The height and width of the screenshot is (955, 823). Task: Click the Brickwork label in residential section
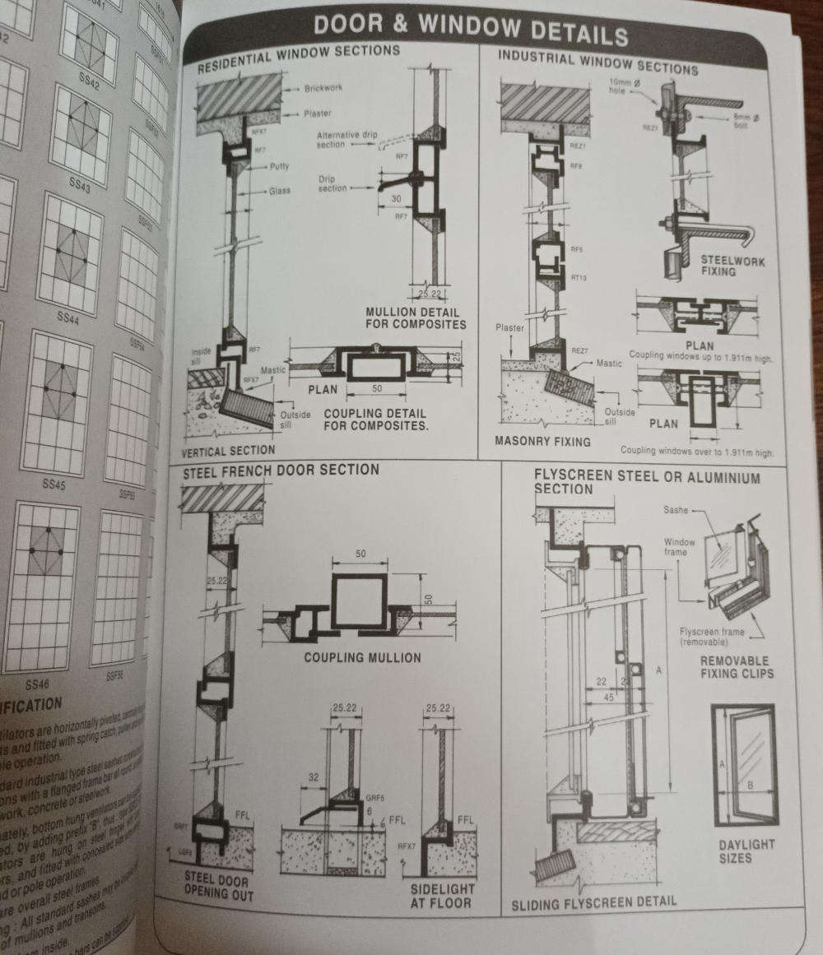[323, 88]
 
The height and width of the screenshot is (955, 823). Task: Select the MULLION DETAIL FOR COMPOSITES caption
[416, 318]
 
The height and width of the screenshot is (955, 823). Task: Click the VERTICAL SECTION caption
[228, 450]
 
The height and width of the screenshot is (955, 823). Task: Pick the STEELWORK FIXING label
[732, 266]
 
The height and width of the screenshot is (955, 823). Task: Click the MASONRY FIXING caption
[542, 441]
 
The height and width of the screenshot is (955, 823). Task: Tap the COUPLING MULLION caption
[362, 657]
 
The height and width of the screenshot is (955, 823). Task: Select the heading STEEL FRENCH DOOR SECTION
[281, 470]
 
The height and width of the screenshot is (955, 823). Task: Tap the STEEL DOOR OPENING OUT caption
[217, 887]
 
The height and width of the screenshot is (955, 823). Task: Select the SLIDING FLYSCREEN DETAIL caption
[593, 902]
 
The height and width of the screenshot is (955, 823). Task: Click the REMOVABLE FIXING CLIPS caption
[734, 667]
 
